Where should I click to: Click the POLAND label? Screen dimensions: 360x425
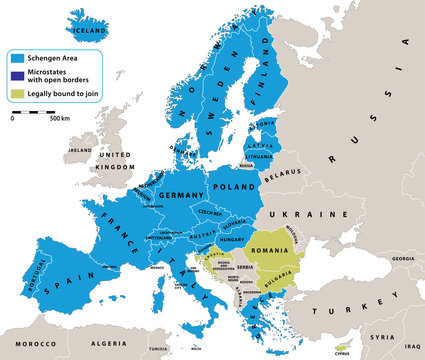click(x=235, y=186)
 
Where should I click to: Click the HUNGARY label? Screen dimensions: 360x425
click(x=232, y=240)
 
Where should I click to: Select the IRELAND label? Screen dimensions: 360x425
click(x=80, y=150)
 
